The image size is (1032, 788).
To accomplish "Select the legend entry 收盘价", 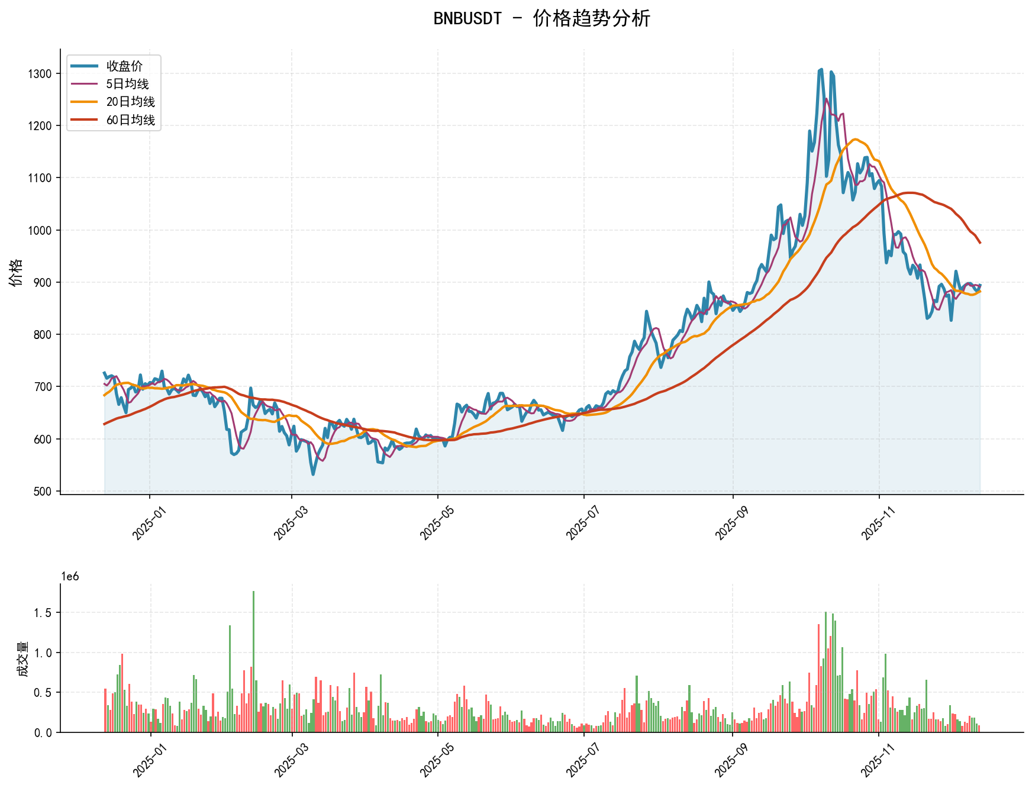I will tap(124, 66).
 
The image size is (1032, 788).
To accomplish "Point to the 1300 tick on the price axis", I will tap(40, 74).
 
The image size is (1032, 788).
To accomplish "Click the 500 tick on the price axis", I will tap(43, 491).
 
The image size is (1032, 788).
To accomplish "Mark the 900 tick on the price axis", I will tap(43, 282).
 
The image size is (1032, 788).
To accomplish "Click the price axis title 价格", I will tap(16, 272).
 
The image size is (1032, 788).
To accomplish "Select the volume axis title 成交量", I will tap(22, 658).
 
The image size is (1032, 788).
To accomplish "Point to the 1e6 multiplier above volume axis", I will tap(70, 577).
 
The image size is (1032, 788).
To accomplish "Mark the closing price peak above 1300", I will tap(821, 70).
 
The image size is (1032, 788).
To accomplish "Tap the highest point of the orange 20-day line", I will tap(855, 140).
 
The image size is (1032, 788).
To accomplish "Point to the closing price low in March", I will tap(313, 474).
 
